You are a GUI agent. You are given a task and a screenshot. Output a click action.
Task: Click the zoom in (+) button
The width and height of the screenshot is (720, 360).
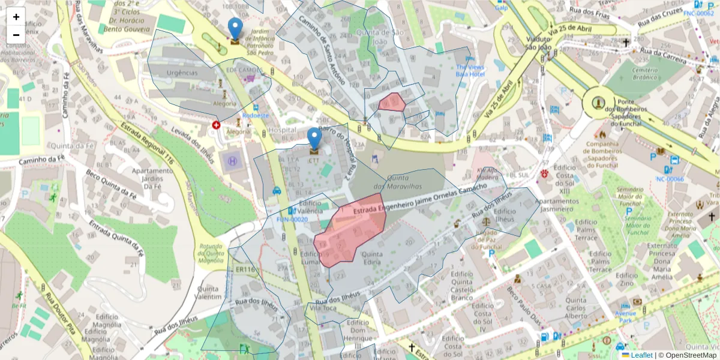16,17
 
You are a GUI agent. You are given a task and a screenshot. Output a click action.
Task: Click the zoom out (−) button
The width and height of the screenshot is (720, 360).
16,35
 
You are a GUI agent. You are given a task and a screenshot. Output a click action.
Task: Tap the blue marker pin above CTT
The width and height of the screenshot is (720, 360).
314,138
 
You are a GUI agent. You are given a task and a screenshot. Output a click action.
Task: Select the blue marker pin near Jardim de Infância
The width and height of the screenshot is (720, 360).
235,28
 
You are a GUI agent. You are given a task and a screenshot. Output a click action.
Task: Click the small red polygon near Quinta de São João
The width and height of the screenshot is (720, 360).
392,103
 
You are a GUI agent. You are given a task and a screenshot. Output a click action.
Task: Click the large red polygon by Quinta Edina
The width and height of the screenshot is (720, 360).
351,231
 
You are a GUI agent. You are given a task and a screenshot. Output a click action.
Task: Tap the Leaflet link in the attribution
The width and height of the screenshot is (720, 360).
641,355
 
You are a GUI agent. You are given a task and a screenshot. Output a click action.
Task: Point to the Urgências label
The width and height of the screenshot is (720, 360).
182,73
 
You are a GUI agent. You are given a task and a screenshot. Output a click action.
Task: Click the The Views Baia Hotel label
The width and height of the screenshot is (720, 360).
470,70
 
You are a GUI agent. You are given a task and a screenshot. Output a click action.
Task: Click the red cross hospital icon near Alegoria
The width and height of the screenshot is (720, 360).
216,125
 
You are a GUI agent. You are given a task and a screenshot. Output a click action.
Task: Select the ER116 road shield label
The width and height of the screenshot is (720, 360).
246,271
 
